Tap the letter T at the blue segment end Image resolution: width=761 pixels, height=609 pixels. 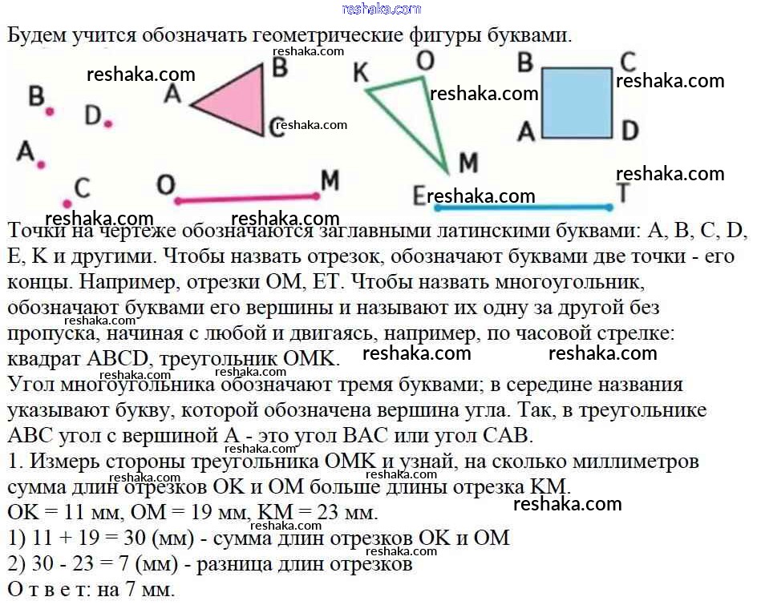(x=623, y=192)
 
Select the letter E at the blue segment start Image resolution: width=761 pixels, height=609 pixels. (x=419, y=196)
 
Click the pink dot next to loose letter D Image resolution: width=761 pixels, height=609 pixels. (x=108, y=123)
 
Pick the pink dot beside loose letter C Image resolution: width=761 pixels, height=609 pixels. (x=67, y=203)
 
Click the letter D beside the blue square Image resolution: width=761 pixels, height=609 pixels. (x=629, y=130)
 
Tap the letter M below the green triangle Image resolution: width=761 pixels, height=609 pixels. (x=468, y=163)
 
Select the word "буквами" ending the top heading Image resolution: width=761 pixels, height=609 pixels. (x=529, y=36)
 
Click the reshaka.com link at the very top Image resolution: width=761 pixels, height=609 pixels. (x=381, y=9)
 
